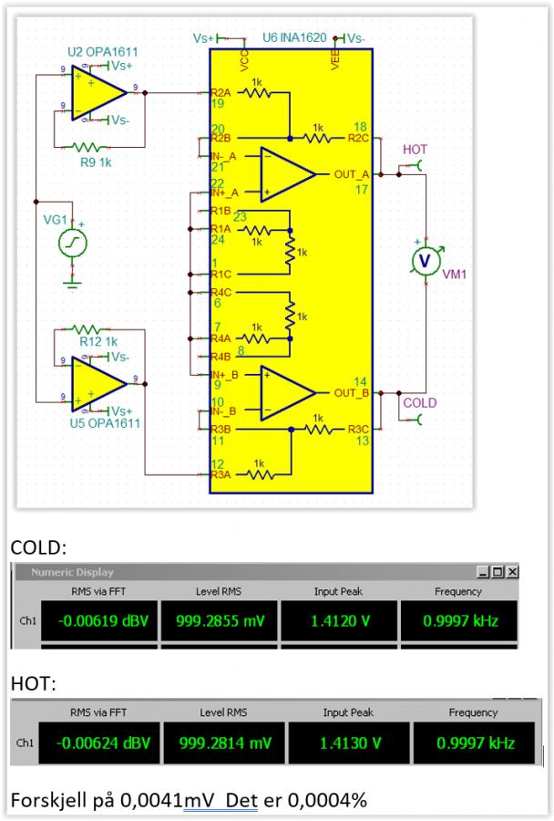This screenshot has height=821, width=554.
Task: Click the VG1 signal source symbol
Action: (72, 243)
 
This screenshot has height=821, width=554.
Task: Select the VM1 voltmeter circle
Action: (423, 261)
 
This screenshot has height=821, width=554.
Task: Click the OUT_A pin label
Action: (351, 173)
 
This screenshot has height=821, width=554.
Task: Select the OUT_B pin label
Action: (351, 392)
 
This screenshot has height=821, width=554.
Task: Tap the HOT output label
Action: (414, 150)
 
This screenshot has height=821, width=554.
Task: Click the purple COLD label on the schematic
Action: (419, 403)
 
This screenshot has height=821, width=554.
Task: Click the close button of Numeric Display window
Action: (512, 572)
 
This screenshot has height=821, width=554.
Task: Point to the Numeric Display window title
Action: (73, 572)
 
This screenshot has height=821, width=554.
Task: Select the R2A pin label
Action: (220, 92)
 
